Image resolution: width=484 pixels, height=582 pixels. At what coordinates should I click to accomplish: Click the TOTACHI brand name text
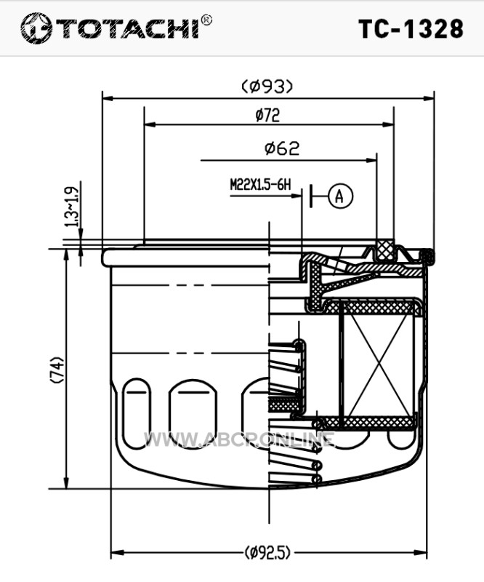click(127, 29)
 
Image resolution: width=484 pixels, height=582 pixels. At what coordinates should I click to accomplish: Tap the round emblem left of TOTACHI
click(36, 28)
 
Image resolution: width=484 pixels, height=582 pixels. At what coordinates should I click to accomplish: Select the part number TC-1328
click(411, 29)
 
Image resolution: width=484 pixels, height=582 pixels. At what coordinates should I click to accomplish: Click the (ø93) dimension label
click(267, 87)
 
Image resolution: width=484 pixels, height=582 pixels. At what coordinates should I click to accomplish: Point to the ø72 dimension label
click(267, 115)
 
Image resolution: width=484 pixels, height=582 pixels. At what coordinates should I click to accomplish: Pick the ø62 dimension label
click(282, 148)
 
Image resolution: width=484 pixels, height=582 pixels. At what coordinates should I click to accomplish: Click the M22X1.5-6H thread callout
click(260, 185)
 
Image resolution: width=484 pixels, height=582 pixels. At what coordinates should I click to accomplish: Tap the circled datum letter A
click(340, 196)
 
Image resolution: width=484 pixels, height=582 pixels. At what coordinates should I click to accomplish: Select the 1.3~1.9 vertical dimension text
click(72, 207)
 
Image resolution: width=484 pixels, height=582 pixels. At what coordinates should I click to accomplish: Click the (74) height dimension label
click(57, 370)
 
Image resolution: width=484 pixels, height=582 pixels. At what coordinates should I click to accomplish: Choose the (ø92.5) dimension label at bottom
click(267, 553)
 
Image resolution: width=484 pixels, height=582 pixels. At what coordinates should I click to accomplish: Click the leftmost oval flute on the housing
click(137, 412)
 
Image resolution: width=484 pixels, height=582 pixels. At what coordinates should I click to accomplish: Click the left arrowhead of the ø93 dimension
click(107, 98)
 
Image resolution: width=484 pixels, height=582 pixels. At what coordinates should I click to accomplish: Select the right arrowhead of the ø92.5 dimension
click(422, 553)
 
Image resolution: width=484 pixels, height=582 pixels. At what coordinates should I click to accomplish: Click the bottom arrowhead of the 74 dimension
click(67, 483)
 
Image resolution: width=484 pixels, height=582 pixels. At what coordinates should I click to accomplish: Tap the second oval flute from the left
click(193, 412)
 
